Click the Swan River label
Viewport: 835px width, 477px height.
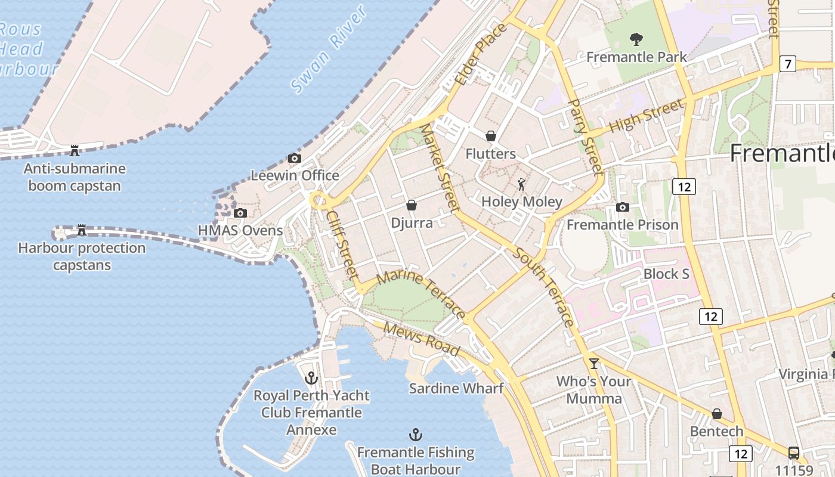click(328, 51)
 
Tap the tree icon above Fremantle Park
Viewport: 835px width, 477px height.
click(636, 39)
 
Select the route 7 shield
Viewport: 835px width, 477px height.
click(787, 63)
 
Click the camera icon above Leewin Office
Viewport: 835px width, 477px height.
click(294, 158)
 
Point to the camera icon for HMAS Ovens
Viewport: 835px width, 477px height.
click(240, 213)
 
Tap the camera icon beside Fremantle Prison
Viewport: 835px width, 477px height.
click(623, 207)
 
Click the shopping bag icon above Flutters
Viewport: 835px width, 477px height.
click(491, 136)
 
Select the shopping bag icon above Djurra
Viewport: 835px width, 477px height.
click(411, 205)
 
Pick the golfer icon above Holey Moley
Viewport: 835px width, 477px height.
click(522, 184)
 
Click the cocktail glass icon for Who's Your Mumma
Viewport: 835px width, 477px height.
click(593, 363)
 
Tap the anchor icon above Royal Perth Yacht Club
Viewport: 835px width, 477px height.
click(311, 377)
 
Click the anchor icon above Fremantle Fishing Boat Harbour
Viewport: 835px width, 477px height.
click(415, 435)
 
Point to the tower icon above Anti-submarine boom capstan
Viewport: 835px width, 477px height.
click(75, 150)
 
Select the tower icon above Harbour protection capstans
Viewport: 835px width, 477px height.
click(82, 230)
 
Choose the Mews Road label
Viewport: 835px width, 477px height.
click(421, 338)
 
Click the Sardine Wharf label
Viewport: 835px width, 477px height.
click(456, 389)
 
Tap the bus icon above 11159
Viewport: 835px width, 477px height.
click(793, 453)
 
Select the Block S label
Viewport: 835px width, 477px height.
click(666, 274)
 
